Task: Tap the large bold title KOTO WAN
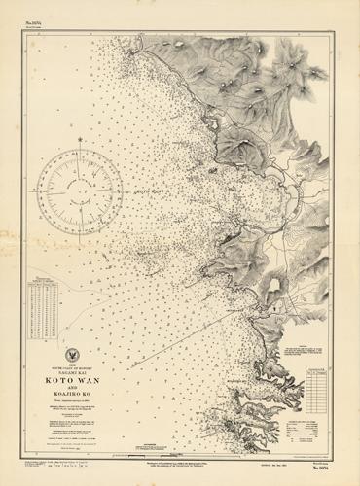(75, 381)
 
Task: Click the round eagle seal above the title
(75, 355)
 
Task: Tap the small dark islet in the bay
(212, 171)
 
